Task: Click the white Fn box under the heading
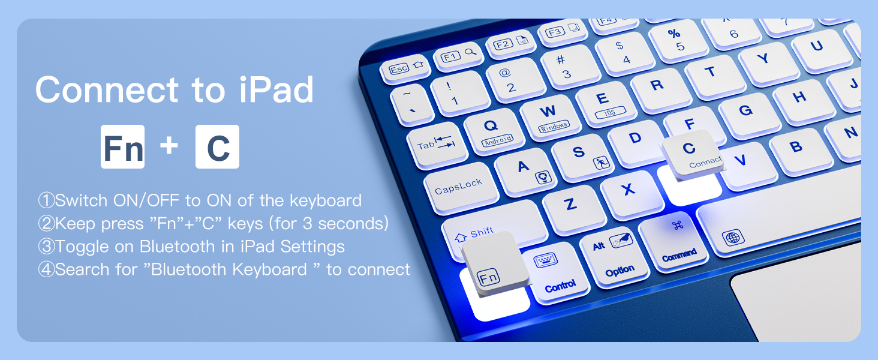coord(122,146)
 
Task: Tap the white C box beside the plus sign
coord(217,146)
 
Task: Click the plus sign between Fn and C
coord(170,146)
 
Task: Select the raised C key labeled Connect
coord(693,154)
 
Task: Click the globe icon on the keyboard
coord(733,238)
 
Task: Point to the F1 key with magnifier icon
coord(459,56)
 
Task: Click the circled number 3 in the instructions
coord(46,247)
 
